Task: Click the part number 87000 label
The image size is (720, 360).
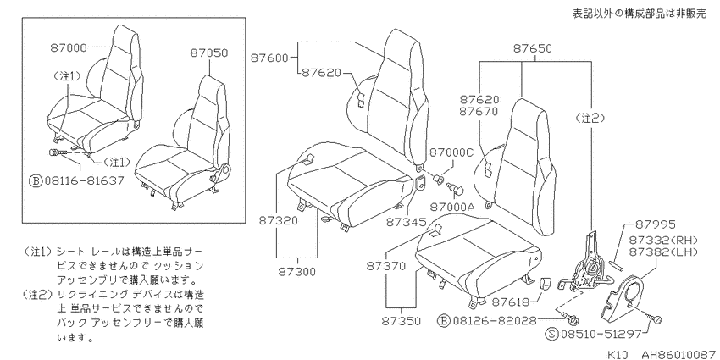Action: click(69, 47)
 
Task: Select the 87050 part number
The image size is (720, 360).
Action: click(209, 53)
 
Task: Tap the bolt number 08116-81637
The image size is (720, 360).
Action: click(84, 180)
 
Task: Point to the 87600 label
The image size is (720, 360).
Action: click(269, 58)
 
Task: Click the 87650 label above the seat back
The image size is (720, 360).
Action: click(533, 48)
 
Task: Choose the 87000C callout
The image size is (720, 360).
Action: click(451, 152)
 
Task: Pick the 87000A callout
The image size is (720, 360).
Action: click(452, 207)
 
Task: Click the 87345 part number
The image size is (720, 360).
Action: click(405, 222)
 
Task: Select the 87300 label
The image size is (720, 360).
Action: click(297, 271)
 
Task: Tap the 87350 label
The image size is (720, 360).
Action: click(401, 321)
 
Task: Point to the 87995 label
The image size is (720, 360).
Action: click(656, 224)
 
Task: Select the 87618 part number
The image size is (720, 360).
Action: click(511, 302)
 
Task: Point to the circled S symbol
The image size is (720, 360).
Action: click(552, 334)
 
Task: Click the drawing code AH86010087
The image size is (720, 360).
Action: click(679, 354)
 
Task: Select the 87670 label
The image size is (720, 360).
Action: click(479, 111)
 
